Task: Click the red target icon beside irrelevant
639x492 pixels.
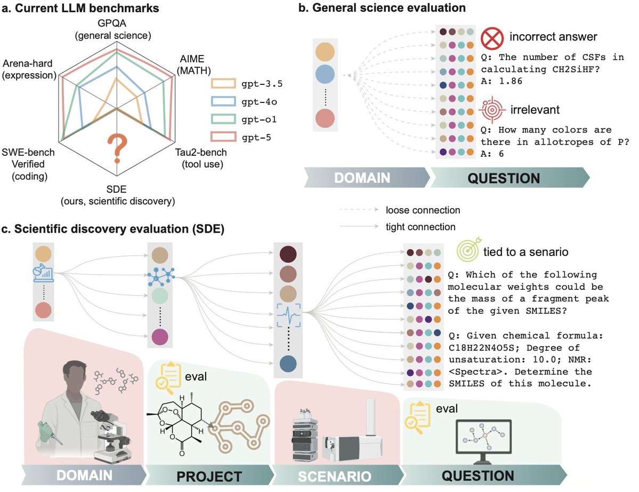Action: (489, 110)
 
